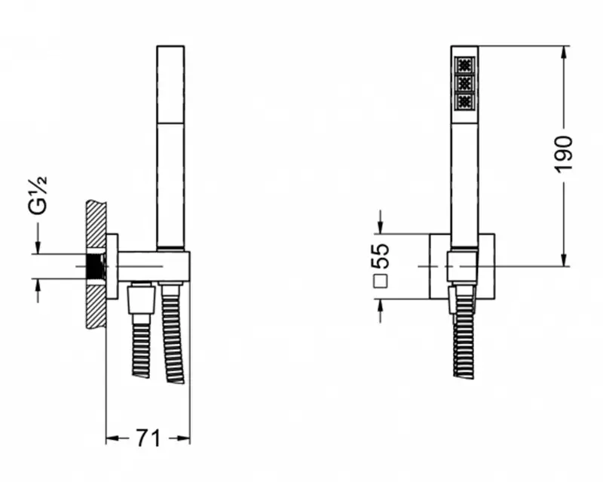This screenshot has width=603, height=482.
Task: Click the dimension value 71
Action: coord(148,437)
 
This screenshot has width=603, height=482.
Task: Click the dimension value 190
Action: coord(563,154)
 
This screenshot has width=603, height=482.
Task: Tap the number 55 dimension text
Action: coord(381,255)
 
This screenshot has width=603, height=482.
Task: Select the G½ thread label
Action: coord(37,195)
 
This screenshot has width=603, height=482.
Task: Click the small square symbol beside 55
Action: coord(381,281)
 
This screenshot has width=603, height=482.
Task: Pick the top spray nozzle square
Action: coord(464,65)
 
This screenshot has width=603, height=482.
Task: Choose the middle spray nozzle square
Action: coord(464,83)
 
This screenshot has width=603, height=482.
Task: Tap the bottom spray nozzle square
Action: coord(464,101)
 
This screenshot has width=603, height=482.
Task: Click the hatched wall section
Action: coord(96,264)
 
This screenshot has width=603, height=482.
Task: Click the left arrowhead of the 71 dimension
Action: coord(112,438)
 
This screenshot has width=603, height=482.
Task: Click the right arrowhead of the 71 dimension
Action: coord(184,438)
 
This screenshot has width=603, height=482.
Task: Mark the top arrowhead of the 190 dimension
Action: coord(564,52)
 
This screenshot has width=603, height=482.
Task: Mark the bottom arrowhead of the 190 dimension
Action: coord(564,260)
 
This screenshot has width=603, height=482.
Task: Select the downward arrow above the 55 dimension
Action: coord(381,222)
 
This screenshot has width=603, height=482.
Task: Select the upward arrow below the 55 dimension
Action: coord(381,311)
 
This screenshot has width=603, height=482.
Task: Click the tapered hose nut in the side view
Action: coord(141,299)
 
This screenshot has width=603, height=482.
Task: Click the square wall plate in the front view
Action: coord(462,266)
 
